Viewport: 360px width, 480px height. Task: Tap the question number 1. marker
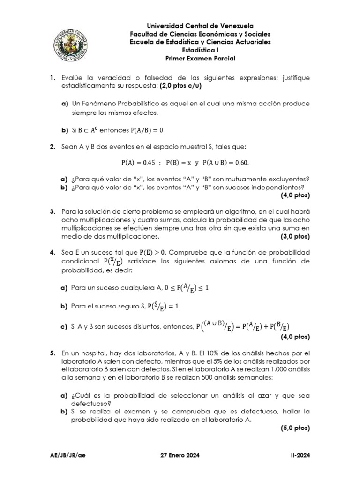click(53, 77)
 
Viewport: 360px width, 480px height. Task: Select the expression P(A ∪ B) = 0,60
click(226, 163)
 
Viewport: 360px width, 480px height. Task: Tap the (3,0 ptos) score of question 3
click(295, 236)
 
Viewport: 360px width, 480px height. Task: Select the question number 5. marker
click(53, 352)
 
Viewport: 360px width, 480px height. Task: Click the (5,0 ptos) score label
click(295, 428)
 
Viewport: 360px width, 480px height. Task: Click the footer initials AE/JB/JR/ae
click(68, 455)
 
